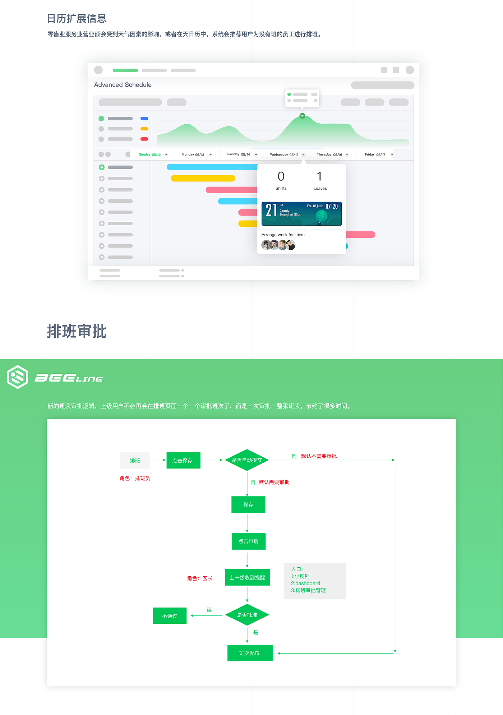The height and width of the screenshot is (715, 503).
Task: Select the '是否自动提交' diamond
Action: (x=247, y=460)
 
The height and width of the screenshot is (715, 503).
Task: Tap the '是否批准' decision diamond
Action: (x=247, y=615)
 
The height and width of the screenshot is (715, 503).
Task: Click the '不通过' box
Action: (x=170, y=616)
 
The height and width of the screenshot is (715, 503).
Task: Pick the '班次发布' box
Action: (x=250, y=653)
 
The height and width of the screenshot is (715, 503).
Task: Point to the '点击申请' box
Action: (x=248, y=541)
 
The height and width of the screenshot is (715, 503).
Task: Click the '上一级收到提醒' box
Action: (x=247, y=577)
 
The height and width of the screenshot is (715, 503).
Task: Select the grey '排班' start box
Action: (x=135, y=460)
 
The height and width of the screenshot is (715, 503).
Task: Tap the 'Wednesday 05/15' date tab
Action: (x=284, y=154)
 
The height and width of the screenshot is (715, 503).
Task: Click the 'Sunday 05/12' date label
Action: (x=150, y=154)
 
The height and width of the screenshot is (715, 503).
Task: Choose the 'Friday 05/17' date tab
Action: (x=375, y=154)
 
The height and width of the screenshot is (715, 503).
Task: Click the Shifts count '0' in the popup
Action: (x=281, y=176)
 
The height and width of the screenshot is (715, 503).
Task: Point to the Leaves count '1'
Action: (x=319, y=176)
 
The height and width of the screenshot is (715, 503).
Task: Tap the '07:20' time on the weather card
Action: (x=332, y=206)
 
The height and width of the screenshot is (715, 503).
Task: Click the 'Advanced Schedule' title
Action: (x=123, y=85)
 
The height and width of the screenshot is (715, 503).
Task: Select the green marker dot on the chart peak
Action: (x=302, y=116)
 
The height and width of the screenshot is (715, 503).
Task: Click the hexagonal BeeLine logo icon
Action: (x=18, y=377)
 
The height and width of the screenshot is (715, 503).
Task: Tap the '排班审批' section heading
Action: (x=77, y=331)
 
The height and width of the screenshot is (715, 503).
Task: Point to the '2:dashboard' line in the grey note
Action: (x=305, y=583)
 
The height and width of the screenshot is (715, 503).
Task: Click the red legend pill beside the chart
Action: (x=144, y=139)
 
